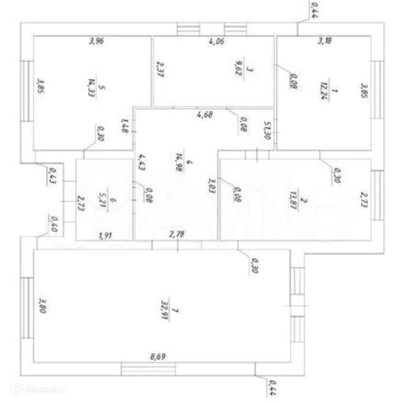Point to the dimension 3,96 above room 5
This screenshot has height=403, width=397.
(96, 42)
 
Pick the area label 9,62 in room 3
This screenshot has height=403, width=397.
(238, 69)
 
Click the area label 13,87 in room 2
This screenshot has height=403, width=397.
(295, 199)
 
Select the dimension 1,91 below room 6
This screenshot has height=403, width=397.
(106, 236)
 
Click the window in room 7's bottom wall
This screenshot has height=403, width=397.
(148, 369)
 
